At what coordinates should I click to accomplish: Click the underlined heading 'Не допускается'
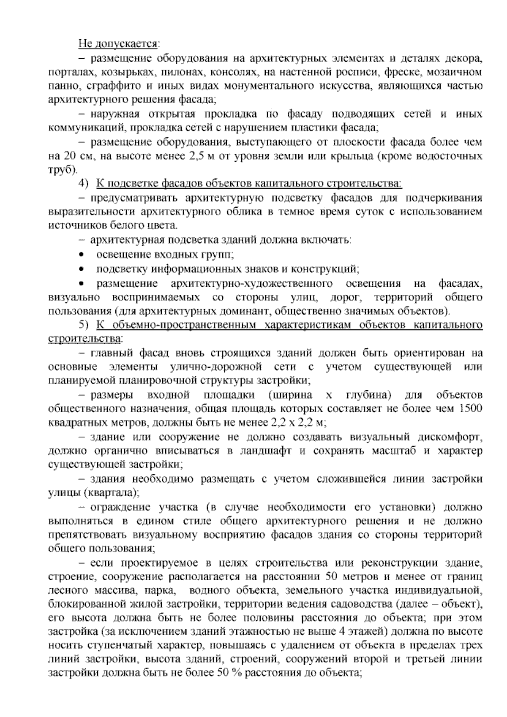point(118,43)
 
